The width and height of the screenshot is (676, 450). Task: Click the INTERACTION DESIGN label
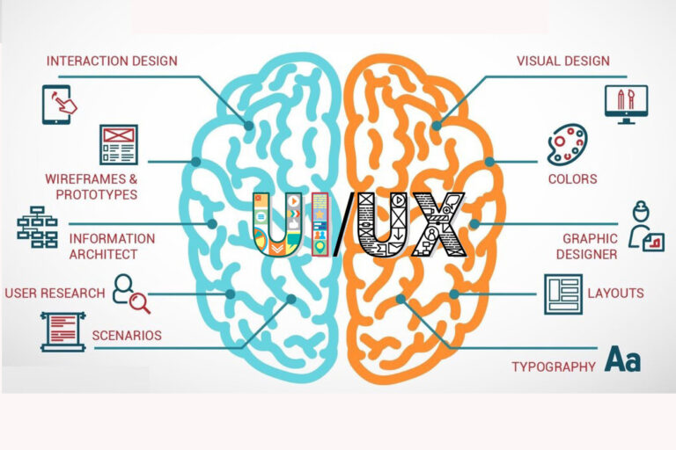(x=112, y=61)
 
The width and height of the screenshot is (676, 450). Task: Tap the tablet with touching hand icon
(x=59, y=103)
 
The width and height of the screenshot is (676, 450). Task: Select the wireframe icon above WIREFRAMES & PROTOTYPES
(x=118, y=145)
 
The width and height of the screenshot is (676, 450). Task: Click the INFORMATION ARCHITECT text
(x=112, y=246)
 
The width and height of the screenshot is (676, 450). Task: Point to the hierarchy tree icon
(x=37, y=227)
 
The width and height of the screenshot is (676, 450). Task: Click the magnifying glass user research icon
(x=131, y=294)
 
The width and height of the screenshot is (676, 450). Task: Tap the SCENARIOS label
(x=127, y=335)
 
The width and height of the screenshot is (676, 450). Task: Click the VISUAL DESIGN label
(x=562, y=61)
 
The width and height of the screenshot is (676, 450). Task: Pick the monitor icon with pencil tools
(x=626, y=104)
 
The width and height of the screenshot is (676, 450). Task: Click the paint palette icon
(x=567, y=145)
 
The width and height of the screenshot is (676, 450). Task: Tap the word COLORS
(x=572, y=179)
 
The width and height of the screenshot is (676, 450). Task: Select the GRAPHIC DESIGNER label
(x=590, y=246)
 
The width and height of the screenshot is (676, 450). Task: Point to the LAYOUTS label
(x=615, y=293)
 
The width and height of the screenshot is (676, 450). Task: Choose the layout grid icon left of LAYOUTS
(x=562, y=294)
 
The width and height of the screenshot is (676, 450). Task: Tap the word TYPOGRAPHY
(x=554, y=367)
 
